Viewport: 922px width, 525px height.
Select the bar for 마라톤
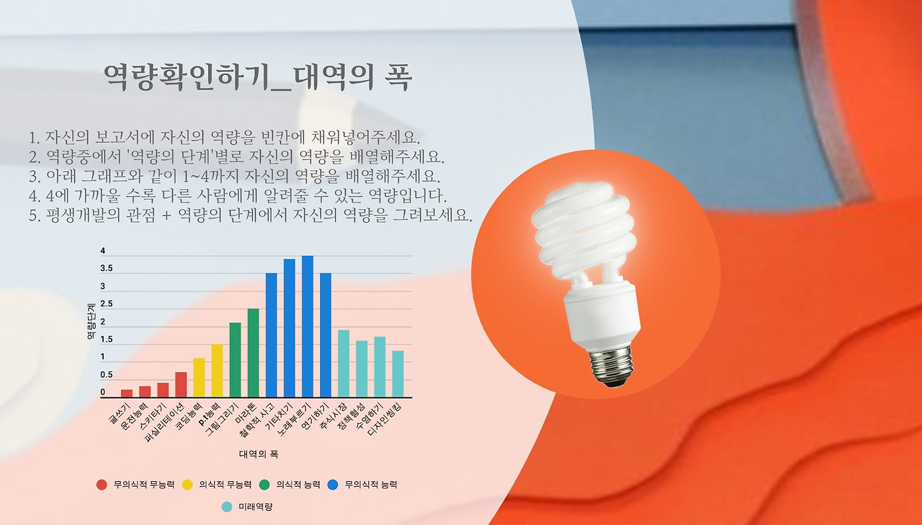coord(253,353)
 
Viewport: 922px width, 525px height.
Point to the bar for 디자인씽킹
coord(397,374)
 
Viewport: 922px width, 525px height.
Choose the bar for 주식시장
coord(343,363)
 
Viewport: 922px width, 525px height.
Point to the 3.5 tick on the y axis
coord(106,268)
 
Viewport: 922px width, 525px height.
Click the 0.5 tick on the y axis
coord(106,375)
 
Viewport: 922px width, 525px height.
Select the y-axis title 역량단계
coord(91,322)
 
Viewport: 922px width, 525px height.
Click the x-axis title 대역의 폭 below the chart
coord(259,454)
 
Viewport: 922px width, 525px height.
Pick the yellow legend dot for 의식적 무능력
coord(187,485)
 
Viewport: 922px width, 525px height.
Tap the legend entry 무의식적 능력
coord(370,485)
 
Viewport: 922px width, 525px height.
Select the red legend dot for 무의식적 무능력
coord(102,485)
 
